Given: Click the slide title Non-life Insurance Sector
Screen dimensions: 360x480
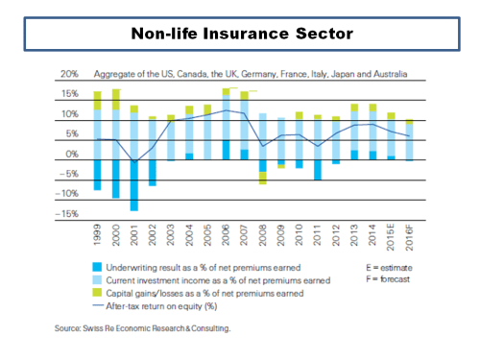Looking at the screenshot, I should [241, 35].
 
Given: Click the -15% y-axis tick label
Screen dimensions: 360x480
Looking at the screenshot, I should [65, 214].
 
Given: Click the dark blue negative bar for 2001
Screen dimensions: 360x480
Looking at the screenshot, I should [134, 184].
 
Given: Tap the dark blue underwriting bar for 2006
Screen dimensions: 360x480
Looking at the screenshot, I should [226, 150].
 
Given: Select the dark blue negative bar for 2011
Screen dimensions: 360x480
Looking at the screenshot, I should [317, 169].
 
